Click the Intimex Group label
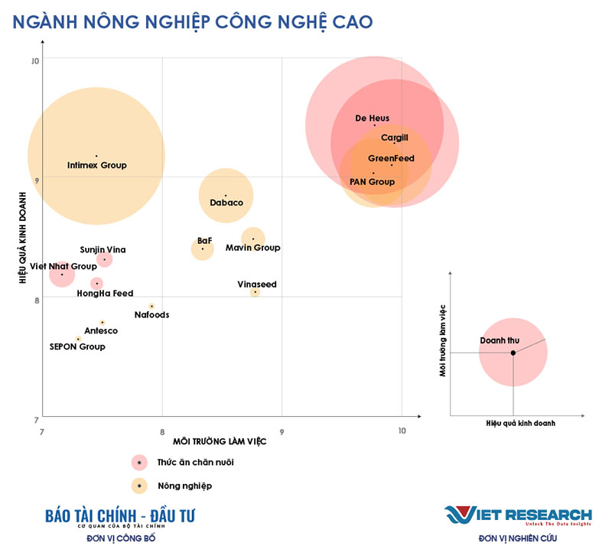[96, 165]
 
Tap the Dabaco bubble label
[226, 203]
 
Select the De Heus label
[373, 119]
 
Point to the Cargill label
[395, 138]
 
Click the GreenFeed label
[391, 158]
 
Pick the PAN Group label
[373, 182]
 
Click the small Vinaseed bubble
[256, 291]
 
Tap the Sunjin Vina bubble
[105, 259]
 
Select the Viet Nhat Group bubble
[62, 274]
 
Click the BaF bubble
[203, 249]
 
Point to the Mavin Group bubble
[253, 239]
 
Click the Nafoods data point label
[151, 314]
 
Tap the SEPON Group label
[77, 346]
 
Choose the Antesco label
[101, 330]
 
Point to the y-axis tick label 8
[35, 301]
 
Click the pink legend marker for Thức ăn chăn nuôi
[138, 462]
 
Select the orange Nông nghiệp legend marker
[138, 485]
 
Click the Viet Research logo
[518, 517]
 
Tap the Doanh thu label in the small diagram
[500, 340]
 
